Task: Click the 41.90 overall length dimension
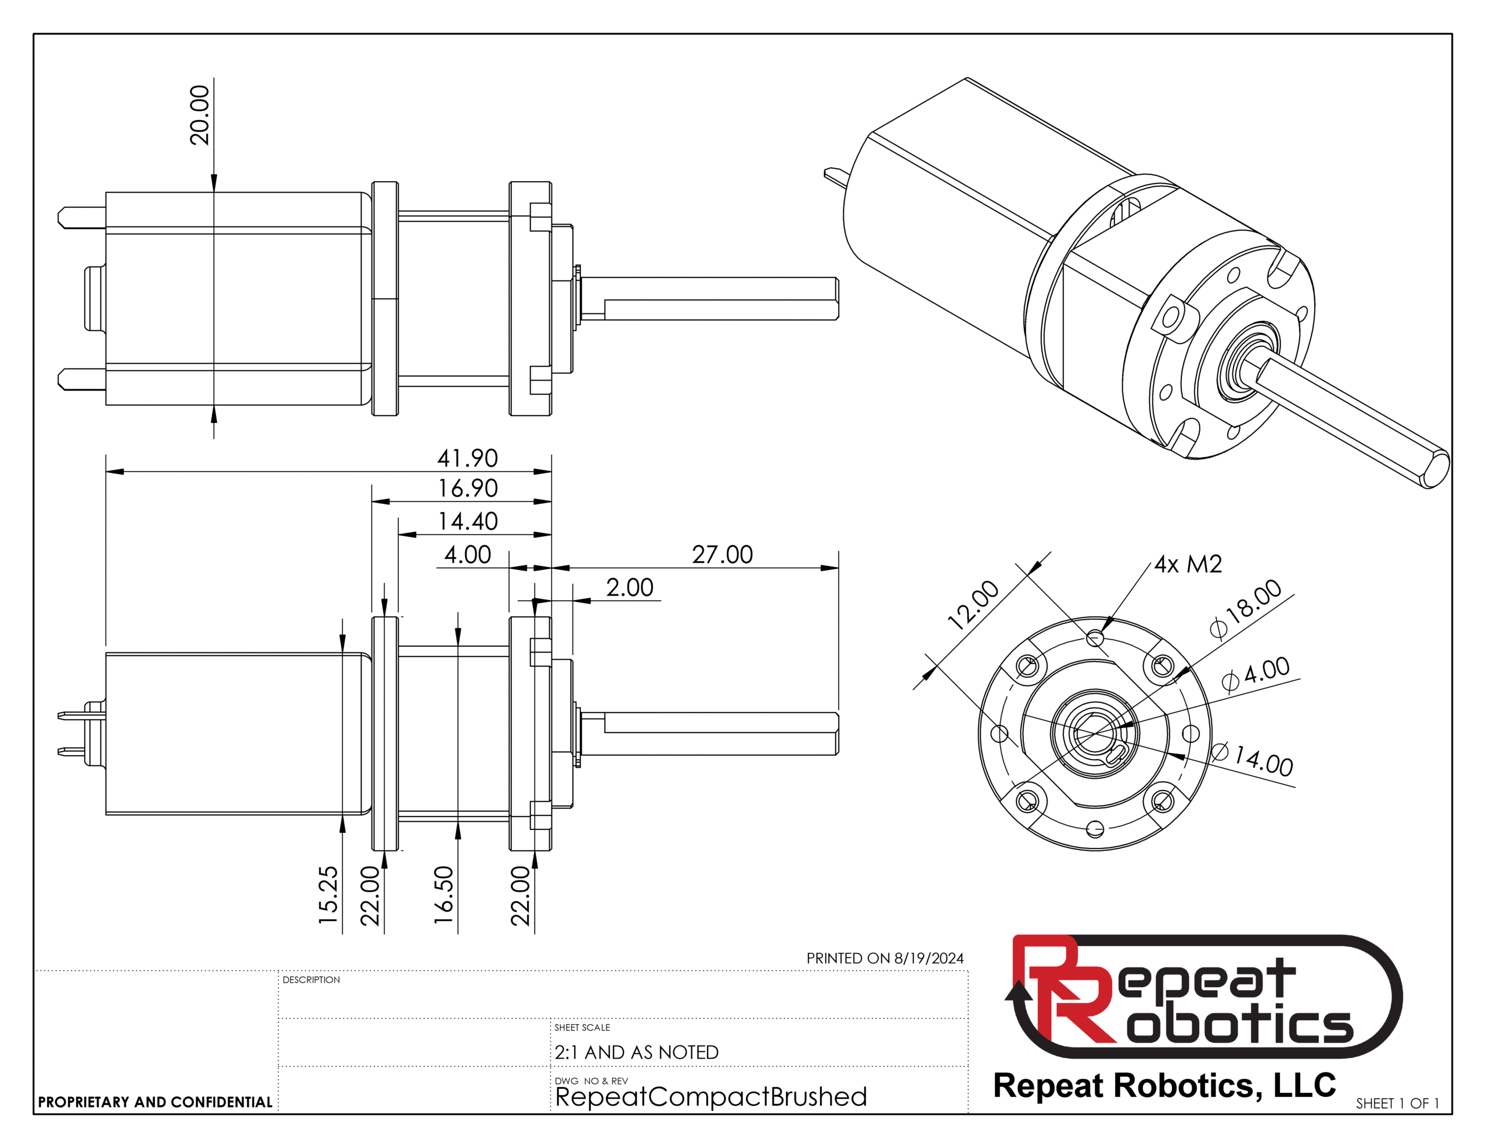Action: [x=467, y=458]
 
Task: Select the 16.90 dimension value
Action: [x=467, y=488]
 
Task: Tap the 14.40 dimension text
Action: [x=467, y=521]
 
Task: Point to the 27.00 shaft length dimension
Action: [x=723, y=555]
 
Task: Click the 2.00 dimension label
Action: [x=629, y=587]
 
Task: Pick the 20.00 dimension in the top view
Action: [x=199, y=115]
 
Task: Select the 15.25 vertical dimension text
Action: [x=328, y=894]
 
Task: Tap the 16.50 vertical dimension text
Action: [x=443, y=894]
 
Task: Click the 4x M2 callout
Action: [x=1188, y=564]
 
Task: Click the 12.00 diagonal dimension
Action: [x=973, y=604]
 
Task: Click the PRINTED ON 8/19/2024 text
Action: [x=885, y=958]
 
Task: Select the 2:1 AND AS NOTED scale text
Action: [x=636, y=1052]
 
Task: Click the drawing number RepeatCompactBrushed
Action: [x=711, y=1097]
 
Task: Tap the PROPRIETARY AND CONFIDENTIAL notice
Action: [x=155, y=1102]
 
